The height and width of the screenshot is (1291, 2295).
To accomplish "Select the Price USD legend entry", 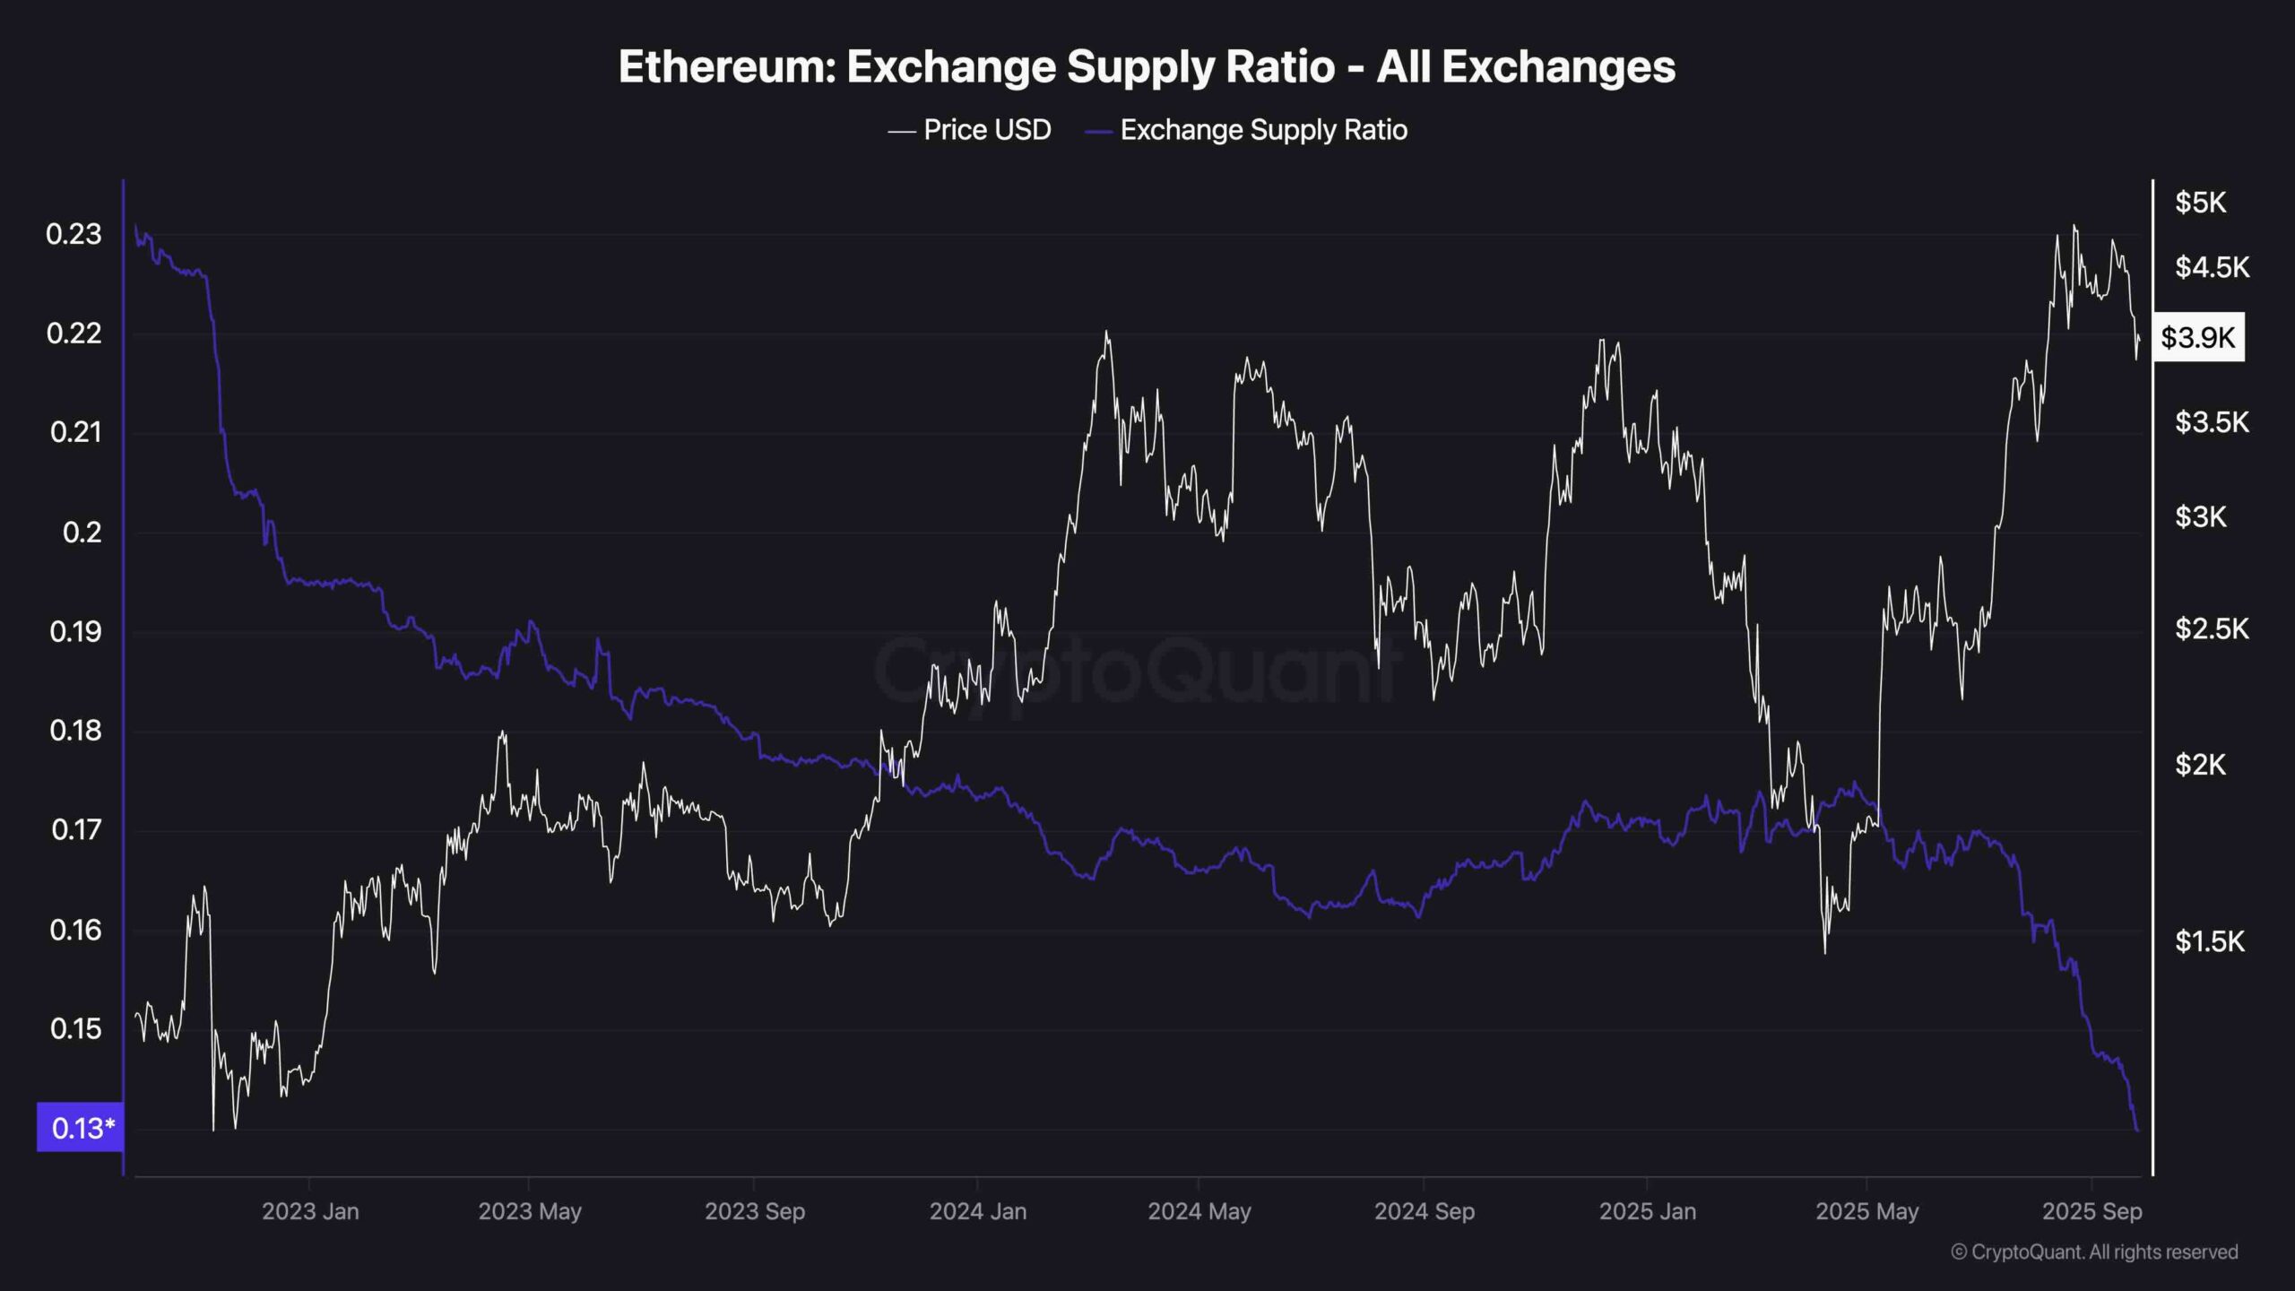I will click(986, 130).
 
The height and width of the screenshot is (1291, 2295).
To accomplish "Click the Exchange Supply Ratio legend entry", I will click(1263, 130).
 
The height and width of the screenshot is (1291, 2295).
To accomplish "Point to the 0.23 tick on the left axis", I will click(74, 235).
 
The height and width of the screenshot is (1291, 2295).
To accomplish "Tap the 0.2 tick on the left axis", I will click(82, 533).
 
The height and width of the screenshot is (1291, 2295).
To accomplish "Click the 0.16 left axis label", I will click(76, 930).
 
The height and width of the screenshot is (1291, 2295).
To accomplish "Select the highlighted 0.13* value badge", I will click(81, 1127).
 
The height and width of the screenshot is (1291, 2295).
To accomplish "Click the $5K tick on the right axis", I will click(2200, 203).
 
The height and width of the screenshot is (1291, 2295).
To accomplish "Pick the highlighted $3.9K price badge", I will click(2198, 337).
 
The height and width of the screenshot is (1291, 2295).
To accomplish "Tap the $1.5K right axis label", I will click(2210, 941).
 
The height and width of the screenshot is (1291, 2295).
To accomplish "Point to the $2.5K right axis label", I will click(2212, 629).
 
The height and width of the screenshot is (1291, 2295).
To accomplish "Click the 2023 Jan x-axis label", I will click(310, 1211).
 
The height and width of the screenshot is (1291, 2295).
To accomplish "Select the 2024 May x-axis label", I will click(1199, 1211).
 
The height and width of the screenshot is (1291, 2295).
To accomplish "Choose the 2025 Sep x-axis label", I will click(2091, 1211).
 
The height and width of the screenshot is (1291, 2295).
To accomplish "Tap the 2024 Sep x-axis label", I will click(1424, 1211).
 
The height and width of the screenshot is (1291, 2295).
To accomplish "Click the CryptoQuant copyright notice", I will click(2094, 1252).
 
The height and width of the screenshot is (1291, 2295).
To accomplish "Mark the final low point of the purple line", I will click(2137, 1129).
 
